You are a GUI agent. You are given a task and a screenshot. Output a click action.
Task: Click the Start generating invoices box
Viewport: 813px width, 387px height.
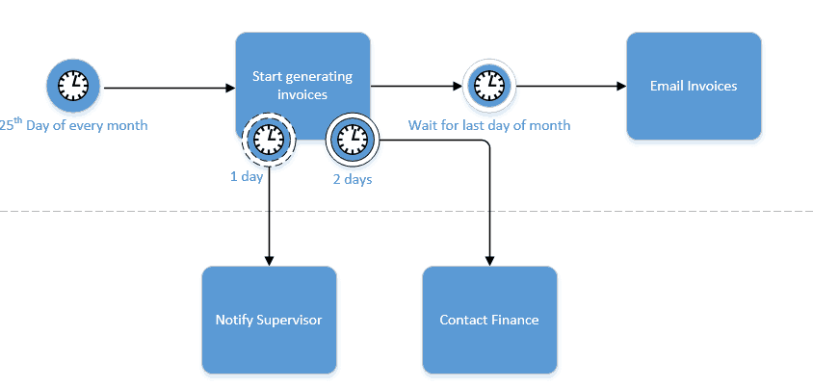(302, 67)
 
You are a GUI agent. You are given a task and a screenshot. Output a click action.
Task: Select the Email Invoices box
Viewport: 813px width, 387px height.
(694, 86)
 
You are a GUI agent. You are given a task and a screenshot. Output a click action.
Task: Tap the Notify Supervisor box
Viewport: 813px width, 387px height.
(269, 320)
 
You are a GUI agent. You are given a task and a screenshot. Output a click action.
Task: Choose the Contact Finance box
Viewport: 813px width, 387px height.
(489, 320)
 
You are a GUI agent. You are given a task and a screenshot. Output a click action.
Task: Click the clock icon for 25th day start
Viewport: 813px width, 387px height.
(73, 87)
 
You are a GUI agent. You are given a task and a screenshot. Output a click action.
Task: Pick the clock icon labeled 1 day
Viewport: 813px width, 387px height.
(268, 140)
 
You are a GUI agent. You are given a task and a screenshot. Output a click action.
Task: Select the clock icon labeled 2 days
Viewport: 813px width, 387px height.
(353, 140)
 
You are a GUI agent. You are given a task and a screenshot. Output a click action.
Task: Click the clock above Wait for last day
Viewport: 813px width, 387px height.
(490, 87)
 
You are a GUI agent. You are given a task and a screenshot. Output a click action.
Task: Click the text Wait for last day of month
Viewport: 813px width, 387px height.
(489, 125)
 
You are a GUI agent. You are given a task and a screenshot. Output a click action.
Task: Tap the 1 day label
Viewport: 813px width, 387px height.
(246, 178)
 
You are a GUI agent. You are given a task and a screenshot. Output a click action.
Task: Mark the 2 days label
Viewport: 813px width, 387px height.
(353, 178)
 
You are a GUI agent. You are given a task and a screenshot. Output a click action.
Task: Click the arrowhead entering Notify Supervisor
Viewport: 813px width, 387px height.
(269, 261)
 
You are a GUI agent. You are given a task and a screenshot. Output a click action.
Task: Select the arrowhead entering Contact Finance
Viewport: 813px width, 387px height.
(489, 261)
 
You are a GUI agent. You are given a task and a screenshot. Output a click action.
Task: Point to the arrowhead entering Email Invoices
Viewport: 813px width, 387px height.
(620, 87)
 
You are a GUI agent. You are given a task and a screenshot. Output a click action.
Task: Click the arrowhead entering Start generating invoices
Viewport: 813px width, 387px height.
(230, 88)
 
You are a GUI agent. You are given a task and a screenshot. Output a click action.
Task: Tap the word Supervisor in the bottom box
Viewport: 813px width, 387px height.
(290, 320)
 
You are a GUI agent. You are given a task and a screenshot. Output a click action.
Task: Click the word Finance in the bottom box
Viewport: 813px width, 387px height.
(515, 320)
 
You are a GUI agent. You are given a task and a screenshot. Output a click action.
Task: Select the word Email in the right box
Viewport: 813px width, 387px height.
(668, 86)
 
